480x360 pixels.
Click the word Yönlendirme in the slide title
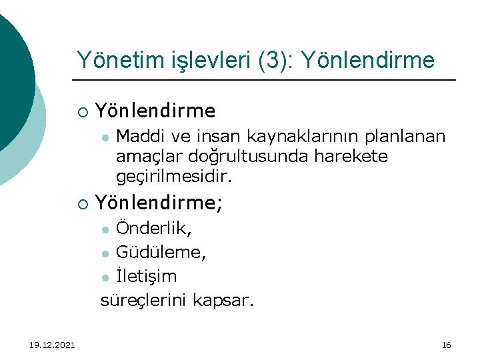368,61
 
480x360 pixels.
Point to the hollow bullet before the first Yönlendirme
82,111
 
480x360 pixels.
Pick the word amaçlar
145,157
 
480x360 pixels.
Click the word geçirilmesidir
174,177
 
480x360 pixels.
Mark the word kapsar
223,300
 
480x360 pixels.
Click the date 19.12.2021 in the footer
52,345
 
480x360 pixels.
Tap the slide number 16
447,345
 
